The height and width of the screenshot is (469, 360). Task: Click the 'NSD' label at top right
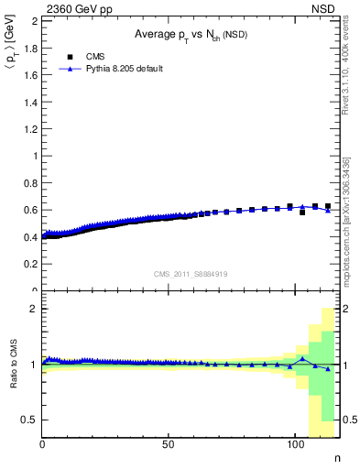coord(325,7)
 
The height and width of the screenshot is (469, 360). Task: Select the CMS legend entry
coord(95,56)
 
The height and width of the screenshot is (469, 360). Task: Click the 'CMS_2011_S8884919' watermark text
coord(190,273)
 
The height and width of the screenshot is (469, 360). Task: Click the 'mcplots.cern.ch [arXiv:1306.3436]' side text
coord(345,220)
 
